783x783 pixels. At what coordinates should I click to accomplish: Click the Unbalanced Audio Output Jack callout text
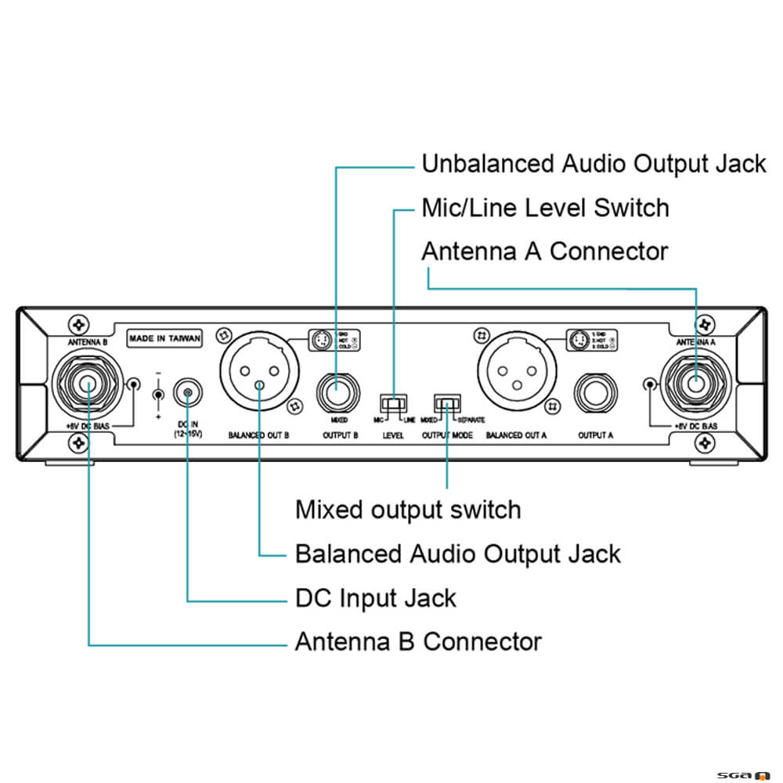594,164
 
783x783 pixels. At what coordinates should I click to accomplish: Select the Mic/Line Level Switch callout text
545,208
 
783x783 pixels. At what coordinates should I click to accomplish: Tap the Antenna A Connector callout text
544,252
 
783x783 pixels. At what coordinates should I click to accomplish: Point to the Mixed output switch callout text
407,510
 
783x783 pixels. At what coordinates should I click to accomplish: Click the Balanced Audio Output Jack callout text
457,554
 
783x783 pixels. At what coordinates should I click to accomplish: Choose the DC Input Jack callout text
375,598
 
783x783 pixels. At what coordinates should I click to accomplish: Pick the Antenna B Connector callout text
417,642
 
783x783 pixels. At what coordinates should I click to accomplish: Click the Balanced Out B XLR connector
258,377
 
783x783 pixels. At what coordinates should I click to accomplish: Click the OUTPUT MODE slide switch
447,404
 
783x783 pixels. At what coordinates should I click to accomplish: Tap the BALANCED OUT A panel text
515,435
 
